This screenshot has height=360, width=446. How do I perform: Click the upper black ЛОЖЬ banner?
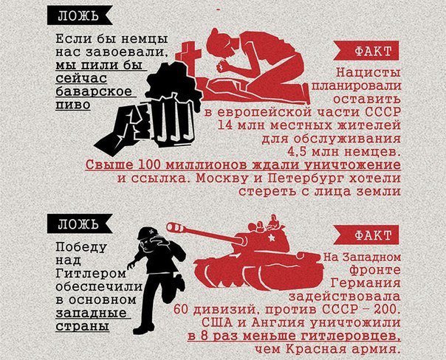80,15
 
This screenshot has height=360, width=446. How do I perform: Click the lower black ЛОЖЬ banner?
80,224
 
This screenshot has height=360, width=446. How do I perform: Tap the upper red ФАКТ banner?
366,51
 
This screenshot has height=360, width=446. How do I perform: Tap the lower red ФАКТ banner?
366,235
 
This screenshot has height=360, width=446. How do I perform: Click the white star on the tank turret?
271,236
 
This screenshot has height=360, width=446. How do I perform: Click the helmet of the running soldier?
147,232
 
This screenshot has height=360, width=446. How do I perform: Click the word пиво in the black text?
73,105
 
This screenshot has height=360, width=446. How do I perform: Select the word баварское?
94,91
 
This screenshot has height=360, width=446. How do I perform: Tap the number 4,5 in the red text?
298,152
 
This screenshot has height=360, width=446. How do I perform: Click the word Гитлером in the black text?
90,274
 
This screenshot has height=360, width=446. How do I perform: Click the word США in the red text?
215,322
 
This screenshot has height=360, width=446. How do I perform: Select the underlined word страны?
83,327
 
